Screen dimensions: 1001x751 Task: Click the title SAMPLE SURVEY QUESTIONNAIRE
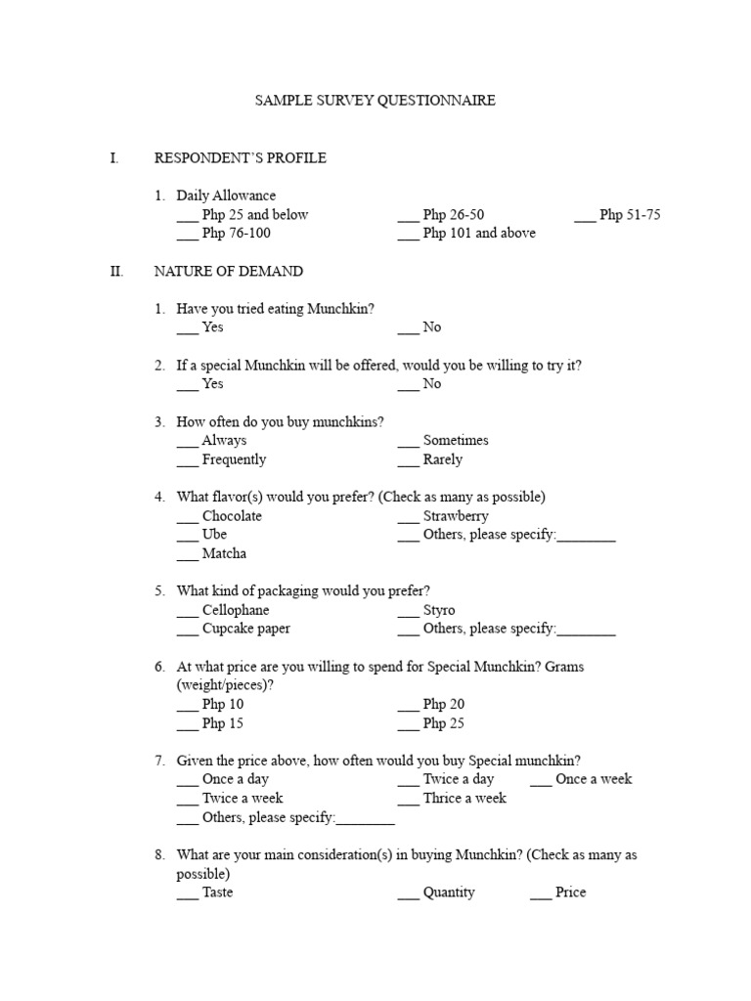pos(375,101)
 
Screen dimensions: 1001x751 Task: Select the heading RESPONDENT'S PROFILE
pos(241,157)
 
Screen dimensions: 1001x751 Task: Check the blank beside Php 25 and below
pos(187,217)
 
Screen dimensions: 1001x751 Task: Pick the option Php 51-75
pos(631,215)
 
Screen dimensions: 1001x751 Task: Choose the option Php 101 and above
pos(479,234)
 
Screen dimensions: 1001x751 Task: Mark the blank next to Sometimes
pos(408,443)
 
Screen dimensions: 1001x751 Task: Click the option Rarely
pos(443,459)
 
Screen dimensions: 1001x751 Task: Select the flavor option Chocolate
pos(232,516)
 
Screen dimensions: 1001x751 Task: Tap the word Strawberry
pos(456,516)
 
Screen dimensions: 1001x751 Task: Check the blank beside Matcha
pos(187,556)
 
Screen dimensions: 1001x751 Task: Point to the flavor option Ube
pos(214,535)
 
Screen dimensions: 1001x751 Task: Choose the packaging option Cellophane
pos(235,610)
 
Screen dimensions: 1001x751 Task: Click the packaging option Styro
pos(439,610)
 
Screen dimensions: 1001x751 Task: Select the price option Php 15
pos(223,723)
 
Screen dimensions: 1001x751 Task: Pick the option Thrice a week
pos(464,799)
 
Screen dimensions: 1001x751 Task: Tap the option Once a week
pos(594,779)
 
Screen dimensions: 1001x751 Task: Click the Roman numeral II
pos(116,271)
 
